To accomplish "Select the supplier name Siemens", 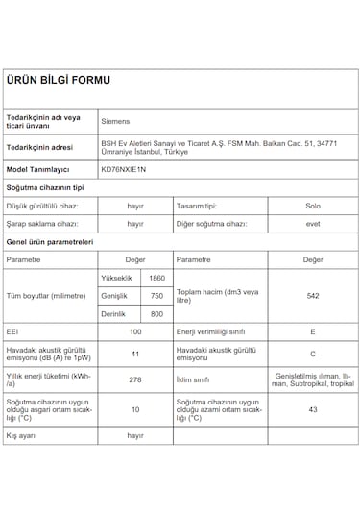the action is (x=117, y=123).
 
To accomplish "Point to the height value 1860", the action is (x=156, y=278).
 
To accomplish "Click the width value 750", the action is (x=156, y=296).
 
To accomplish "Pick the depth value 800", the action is (x=156, y=314).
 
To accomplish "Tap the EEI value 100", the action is (x=135, y=331).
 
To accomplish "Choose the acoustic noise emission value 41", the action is (x=135, y=355).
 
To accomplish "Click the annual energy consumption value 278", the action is (x=135, y=379).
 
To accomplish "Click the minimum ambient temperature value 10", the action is (x=135, y=409).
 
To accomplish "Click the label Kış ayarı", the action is (x=20, y=435).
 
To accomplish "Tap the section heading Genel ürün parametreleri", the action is (x=49, y=241).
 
